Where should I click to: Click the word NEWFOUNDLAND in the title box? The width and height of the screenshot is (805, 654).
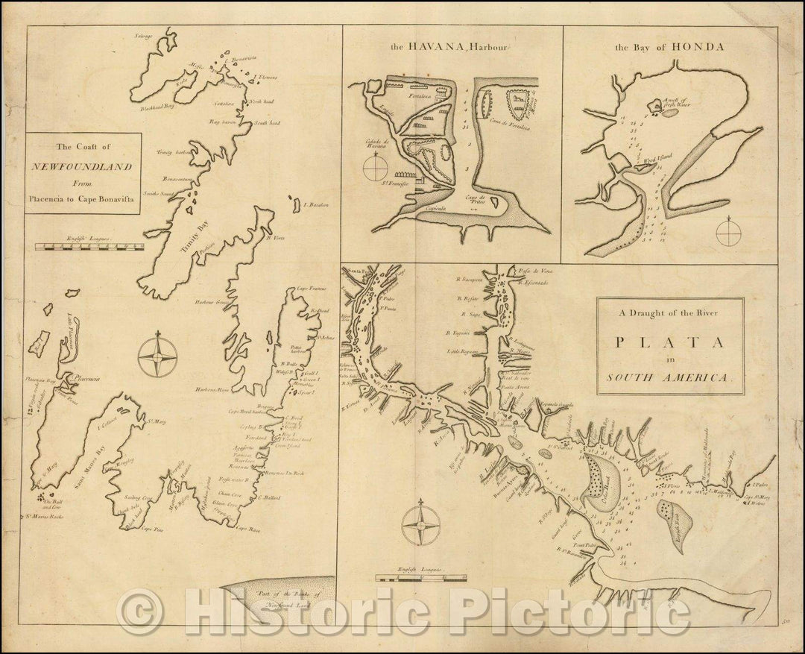pyautogui.click(x=83, y=166)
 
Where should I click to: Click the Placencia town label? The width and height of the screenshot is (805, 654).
pyautogui.click(x=86, y=380)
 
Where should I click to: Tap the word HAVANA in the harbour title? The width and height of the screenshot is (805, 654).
pyautogui.click(x=433, y=47)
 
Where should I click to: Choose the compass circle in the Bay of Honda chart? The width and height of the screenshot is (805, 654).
pyautogui.click(x=728, y=231)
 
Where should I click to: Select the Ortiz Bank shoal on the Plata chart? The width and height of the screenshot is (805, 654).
pyautogui.click(x=600, y=482)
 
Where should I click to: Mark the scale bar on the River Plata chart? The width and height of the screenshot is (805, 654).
pyautogui.click(x=421, y=576)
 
